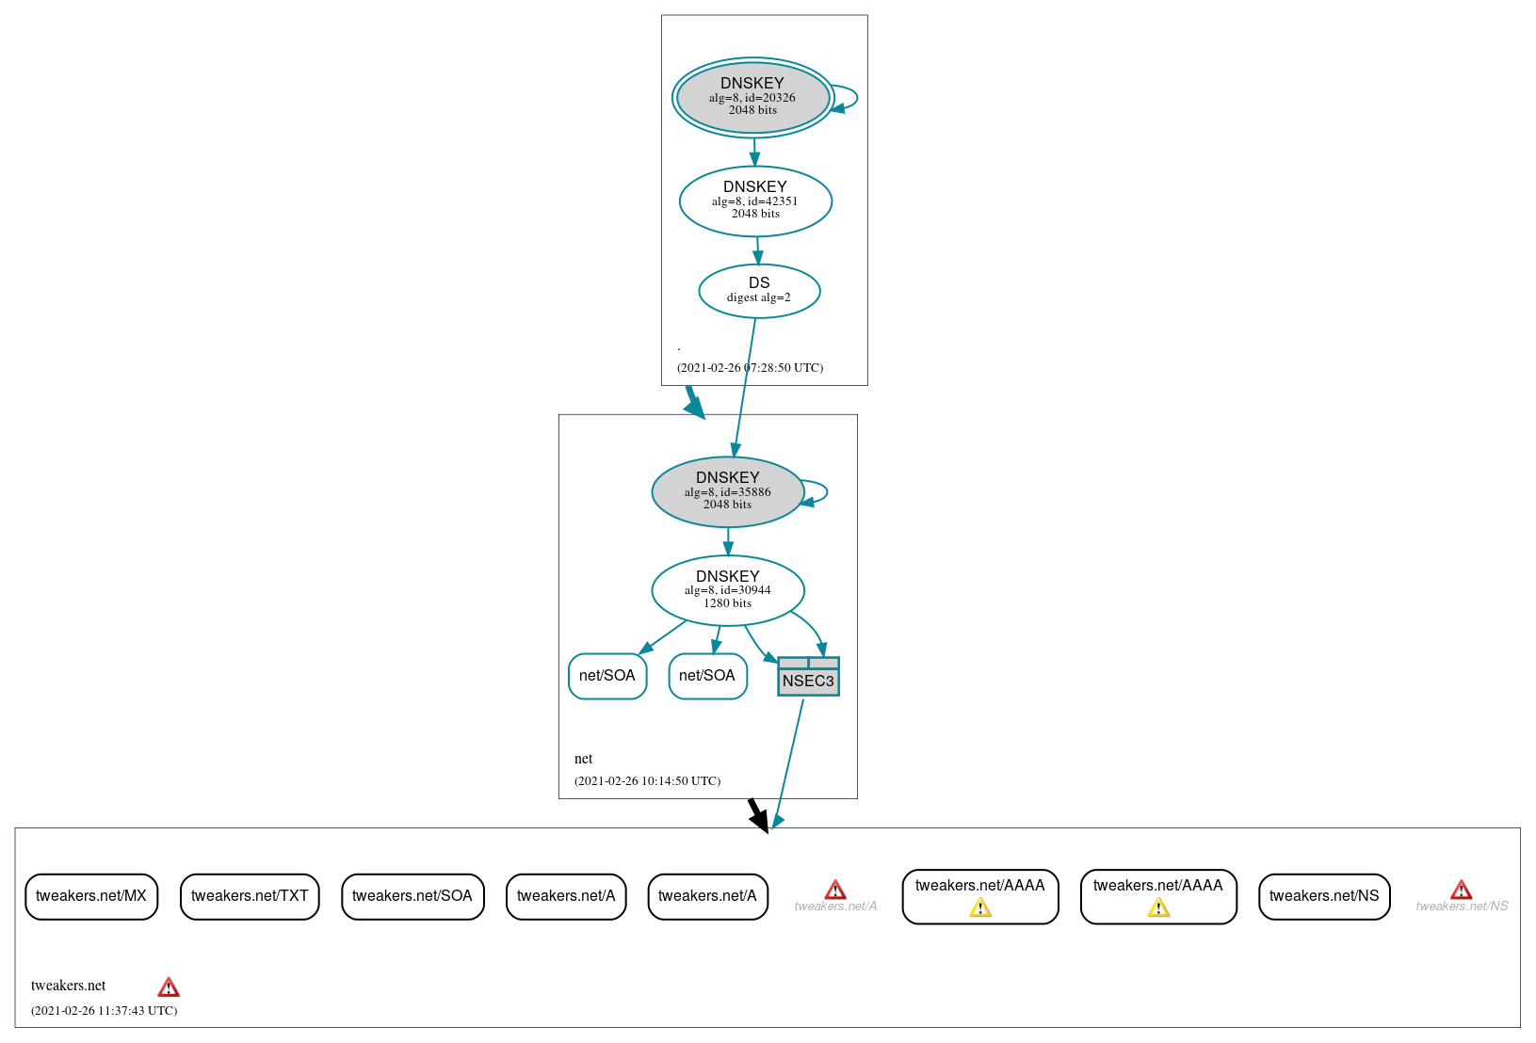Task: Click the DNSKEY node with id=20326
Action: (x=752, y=97)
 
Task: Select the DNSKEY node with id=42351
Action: (x=755, y=201)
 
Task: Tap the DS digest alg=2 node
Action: (x=759, y=291)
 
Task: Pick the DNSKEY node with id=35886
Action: (x=727, y=491)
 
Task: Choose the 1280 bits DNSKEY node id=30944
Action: (x=727, y=590)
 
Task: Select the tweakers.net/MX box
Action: (x=91, y=896)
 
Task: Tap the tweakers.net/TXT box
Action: (x=250, y=896)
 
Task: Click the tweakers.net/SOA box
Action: (x=412, y=896)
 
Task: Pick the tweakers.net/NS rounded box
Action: (x=1324, y=896)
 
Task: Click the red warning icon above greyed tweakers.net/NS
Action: (x=1461, y=890)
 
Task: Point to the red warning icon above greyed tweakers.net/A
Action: (x=834, y=890)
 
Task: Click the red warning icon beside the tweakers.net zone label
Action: (x=169, y=987)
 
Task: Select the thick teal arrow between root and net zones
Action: (x=694, y=402)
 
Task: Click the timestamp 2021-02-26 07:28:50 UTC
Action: (x=750, y=368)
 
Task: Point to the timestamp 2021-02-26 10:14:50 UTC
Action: (x=647, y=781)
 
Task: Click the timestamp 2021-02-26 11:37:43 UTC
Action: (x=104, y=1011)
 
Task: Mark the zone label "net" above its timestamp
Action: (x=583, y=759)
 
